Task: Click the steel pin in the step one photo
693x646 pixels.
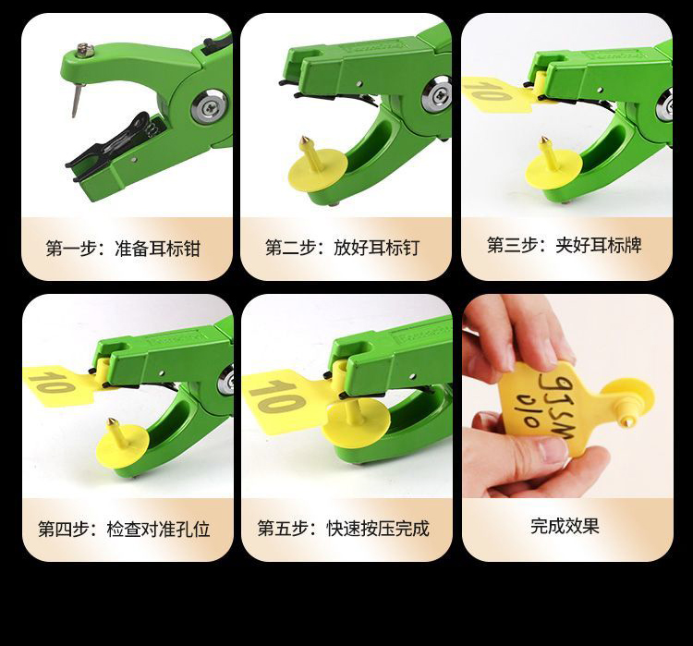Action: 78,100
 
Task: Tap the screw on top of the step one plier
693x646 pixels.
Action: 83,51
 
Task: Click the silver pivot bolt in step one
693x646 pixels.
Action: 210,106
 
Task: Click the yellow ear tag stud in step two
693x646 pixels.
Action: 317,165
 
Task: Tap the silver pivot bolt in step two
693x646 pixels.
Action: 437,94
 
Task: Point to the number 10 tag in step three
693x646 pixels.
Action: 497,93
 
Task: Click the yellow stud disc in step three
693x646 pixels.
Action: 553,169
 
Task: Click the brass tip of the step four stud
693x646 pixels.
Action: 112,423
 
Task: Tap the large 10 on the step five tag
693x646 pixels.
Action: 277,396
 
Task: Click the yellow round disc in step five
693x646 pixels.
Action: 357,423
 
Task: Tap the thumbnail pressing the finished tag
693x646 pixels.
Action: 552,450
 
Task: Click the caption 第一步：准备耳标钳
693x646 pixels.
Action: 123,249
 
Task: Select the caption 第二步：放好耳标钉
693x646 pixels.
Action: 342,248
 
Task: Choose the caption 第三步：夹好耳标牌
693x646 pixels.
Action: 564,245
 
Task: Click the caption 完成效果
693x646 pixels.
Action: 565,526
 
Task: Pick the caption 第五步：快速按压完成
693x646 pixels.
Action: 344,529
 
